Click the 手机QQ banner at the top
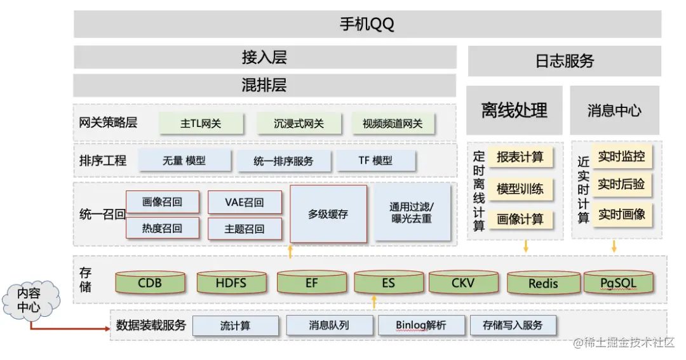coord(367,24)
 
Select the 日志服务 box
coord(564,61)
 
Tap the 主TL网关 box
coord(201,123)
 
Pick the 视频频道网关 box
coord(393,123)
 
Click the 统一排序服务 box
coord(283,161)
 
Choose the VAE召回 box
coord(245,203)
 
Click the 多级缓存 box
coord(328,214)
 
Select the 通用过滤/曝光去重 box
coord(412,213)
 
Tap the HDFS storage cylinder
coord(231,283)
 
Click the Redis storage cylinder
coord(542,283)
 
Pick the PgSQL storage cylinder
coord(618,283)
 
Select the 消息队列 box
coord(328,326)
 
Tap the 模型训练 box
coord(520,189)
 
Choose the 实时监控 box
coord(621,156)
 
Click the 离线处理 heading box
coord(514,110)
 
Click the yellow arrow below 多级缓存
coord(290,251)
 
